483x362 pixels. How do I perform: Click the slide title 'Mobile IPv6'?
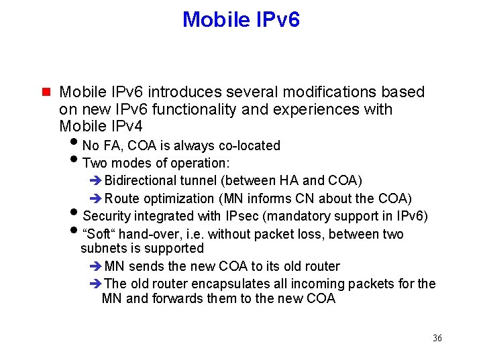[x=241, y=19]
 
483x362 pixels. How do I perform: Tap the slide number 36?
[x=437, y=338]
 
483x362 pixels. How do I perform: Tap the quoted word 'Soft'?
[x=97, y=234]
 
